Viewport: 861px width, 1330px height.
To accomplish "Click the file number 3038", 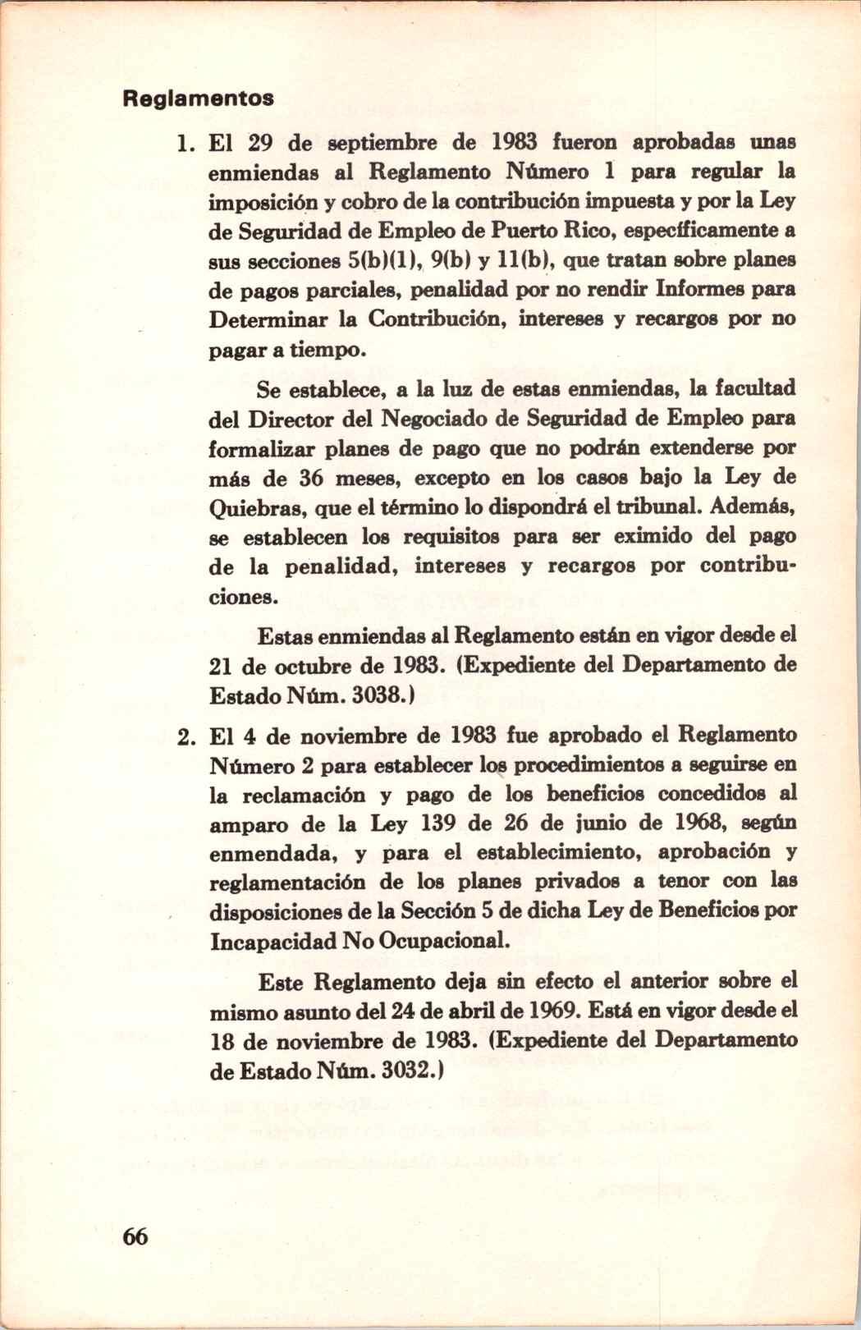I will [x=375, y=695].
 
